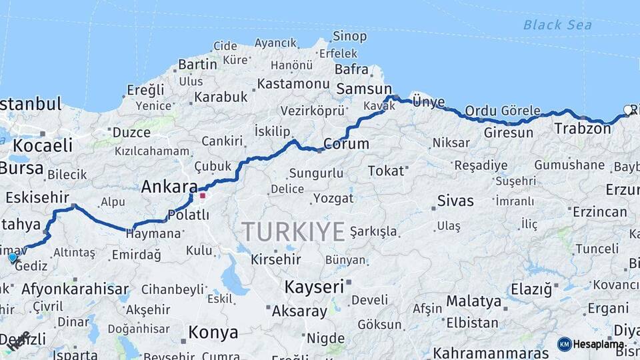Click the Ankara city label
point(169,187)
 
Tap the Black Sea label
point(557,25)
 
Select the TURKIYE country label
point(293,232)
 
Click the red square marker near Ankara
point(203,196)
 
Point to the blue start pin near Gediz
point(13,257)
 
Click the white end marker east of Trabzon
point(627,109)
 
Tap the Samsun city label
point(364,89)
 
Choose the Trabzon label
point(582,129)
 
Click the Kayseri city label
point(313,287)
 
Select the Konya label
point(213,332)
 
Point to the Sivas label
point(455,201)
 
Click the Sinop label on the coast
point(349,36)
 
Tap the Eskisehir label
point(37,197)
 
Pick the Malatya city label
point(473,301)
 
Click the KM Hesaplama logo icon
point(564,344)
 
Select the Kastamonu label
point(293,84)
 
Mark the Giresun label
point(509,133)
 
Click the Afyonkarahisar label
point(75,289)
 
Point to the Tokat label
point(386,171)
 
